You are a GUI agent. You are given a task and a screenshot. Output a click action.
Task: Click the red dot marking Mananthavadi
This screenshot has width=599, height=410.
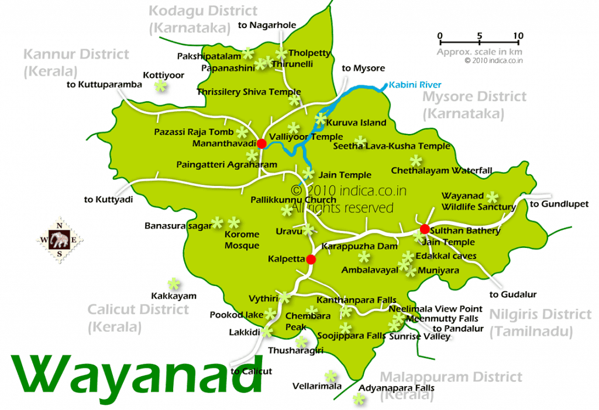(x=261, y=143)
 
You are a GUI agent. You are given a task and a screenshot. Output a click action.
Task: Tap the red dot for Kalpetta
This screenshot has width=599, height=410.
(x=311, y=259)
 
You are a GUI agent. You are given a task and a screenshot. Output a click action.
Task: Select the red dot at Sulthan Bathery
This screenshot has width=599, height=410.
(x=425, y=229)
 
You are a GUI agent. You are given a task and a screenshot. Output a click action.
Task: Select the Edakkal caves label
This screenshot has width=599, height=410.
(x=446, y=256)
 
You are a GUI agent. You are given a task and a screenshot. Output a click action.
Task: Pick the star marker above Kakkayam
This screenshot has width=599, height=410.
(x=174, y=284)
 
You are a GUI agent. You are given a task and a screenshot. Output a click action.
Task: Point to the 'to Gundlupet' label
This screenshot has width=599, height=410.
(x=559, y=204)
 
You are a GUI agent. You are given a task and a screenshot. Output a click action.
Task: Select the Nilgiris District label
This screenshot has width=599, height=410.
(x=540, y=323)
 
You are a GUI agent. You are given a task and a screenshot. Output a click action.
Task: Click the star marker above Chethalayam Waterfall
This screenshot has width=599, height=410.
(x=416, y=160)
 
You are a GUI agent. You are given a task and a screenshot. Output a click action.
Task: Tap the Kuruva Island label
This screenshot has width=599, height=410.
(x=356, y=123)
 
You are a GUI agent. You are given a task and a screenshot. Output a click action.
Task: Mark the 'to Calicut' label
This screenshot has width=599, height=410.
(x=252, y=371)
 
